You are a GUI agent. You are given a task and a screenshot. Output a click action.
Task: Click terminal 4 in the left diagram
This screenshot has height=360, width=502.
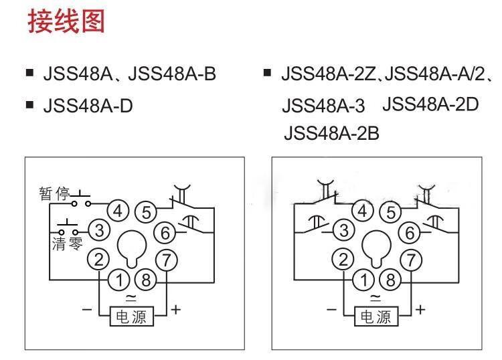pos(118,211)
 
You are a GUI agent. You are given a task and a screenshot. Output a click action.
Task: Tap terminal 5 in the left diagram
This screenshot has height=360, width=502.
pos(145,213)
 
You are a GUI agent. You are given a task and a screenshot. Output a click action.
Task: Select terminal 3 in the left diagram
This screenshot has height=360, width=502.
pos(99,231)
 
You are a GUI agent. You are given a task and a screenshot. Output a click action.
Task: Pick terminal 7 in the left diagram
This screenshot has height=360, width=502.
pos(165,260)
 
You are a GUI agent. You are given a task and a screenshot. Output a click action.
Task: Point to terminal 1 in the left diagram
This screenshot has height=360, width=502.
pos(118,278)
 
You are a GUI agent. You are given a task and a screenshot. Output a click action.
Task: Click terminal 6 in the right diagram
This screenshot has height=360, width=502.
pos(410,232)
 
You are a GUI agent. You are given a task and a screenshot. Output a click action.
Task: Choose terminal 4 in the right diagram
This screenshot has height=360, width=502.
pos(363,211)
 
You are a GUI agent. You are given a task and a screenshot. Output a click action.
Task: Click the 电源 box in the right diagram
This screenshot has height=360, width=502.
pos(376,316)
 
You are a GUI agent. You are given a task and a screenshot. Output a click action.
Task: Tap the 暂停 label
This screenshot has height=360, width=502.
pos(54,195)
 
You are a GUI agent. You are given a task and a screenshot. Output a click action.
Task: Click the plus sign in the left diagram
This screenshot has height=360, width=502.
pos(176,309)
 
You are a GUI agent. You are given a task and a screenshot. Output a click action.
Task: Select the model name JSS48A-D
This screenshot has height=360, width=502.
pos(87,106)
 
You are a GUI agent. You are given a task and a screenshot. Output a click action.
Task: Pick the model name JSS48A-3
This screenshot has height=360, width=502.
pos(324,106)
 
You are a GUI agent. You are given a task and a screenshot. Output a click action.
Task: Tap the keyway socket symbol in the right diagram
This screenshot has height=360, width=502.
pos(376,248)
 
